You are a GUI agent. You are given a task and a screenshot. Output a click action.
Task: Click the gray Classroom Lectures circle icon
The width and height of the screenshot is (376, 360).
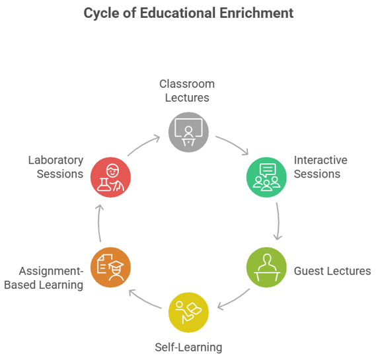pyautogui.click(x=188, y=132)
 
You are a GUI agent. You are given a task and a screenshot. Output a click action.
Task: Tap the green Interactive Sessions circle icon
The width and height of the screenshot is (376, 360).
pyautogui.click(x=266, y=177)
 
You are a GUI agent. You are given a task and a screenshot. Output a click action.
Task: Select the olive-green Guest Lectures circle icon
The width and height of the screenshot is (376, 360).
pyautogui.click(x=266, y=268)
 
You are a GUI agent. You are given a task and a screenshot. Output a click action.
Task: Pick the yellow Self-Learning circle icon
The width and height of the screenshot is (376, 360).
pyautogui.click(x=188, y=312)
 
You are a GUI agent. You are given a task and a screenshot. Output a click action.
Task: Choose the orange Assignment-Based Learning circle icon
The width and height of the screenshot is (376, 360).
pyautogui.click(x=110, y=268)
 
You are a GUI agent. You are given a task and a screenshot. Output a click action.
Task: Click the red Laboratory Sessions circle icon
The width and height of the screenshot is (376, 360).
pyautogui.click(x=110, y=177)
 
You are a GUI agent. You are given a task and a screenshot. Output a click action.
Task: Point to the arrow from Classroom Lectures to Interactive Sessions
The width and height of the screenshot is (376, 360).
pyautogui.click(x=233, y=143)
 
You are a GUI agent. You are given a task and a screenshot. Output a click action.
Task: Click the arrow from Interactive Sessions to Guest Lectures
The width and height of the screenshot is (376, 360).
pyautogui.click(x=278, y=221)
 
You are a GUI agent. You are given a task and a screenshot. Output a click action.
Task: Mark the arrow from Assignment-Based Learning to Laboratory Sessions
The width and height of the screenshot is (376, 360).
pyautogui.click(x=99, y=223)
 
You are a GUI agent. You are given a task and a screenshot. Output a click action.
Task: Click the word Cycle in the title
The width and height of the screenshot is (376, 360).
pyautogui.click(x=101, y=13)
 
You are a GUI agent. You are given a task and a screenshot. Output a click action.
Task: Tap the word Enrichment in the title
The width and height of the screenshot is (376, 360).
pyautogui.click(x=256, y=13)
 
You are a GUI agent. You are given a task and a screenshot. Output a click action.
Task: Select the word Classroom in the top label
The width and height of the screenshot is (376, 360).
pyautogui.click(x=187, y=84)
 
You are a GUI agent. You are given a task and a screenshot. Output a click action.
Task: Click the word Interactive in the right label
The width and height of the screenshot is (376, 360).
pyautogui.click(x=320, y=160)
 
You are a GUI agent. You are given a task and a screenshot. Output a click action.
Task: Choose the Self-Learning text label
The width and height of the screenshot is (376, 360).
pyautogui.click(x=188, y=347)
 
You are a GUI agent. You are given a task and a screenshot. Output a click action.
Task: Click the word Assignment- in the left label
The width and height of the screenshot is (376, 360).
pyautogui.click(x=51, y=271)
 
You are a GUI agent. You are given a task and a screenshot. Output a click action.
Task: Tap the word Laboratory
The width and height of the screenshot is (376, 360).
pyautogui.click(x=56, y=161)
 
